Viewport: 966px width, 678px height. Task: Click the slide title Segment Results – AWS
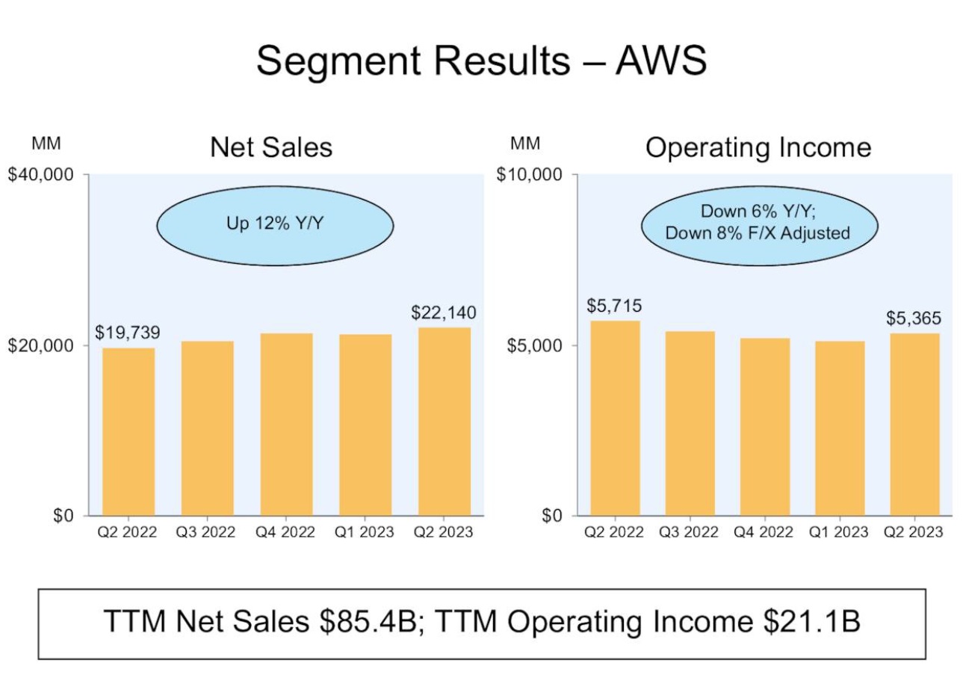coord(482,60)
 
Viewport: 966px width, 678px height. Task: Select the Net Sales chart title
coord(271,147)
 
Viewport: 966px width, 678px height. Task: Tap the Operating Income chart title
coord(758,147)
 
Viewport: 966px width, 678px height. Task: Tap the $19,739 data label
coord(127,333)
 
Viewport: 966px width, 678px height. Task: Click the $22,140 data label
coord(444,313)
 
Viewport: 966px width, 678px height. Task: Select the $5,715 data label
coord(614,306)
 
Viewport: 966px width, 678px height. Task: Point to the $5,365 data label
coord(914,318)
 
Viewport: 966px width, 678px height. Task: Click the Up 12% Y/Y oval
coord(275,224)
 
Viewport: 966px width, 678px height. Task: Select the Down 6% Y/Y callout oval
coord(758,224)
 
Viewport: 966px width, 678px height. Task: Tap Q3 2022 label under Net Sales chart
coord(205,532)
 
